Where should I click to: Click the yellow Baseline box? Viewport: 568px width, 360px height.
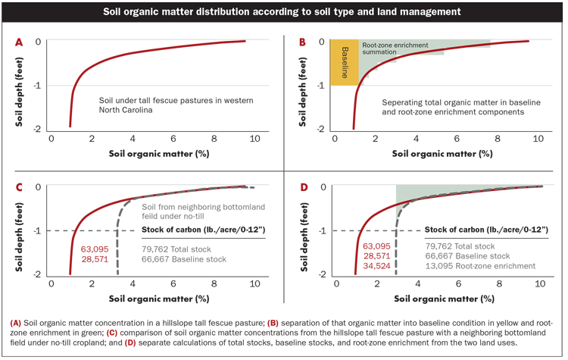pyautogui.click(x=345, y=61)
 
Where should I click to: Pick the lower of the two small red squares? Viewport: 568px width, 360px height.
pyautogui.click(x=130, y=342)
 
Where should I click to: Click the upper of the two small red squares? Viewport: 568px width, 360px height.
pyautogui.click(x=112, y=332)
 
